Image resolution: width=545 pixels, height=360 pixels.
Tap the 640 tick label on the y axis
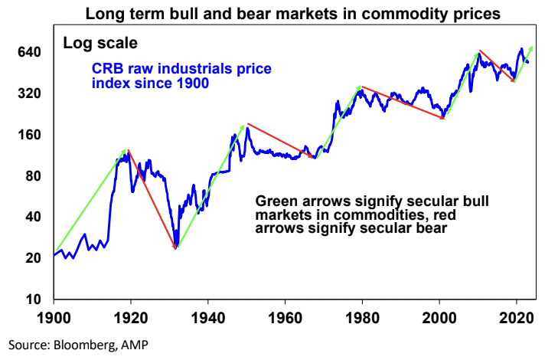31,52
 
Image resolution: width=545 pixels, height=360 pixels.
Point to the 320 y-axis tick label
31,93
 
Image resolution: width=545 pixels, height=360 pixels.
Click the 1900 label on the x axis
54,315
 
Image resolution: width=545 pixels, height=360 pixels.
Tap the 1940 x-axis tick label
207,315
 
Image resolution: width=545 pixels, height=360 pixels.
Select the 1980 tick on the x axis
362,315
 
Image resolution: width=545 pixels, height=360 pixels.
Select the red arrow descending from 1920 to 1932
152,199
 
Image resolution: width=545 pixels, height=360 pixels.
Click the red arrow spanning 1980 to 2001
402,103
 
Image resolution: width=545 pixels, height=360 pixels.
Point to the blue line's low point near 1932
176,246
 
